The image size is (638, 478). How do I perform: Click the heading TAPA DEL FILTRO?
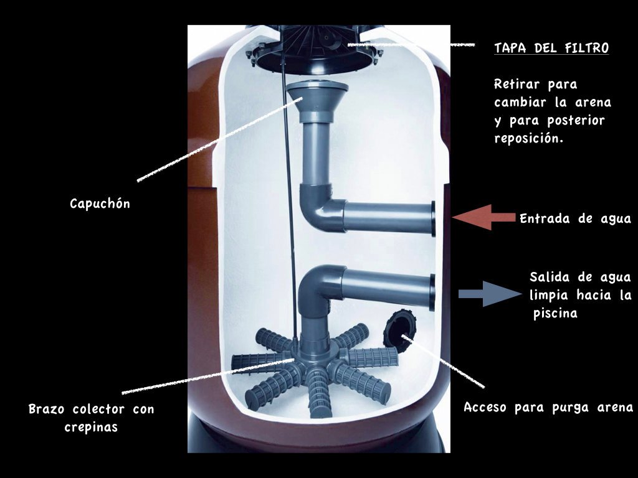[551, 48]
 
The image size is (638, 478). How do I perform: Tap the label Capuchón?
[100, 204]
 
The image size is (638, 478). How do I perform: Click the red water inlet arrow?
[483, 217]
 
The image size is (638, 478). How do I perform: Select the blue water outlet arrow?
[490, 294]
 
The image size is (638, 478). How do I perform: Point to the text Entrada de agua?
[575, 218]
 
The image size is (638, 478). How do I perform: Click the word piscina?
[555, 314]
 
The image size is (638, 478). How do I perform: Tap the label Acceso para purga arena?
[548, 407]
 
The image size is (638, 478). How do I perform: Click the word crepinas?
[91, 427]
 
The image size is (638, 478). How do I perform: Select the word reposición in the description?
[528, 138]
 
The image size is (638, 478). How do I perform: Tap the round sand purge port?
[399, 329]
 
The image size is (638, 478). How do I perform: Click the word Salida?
[550, 277]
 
